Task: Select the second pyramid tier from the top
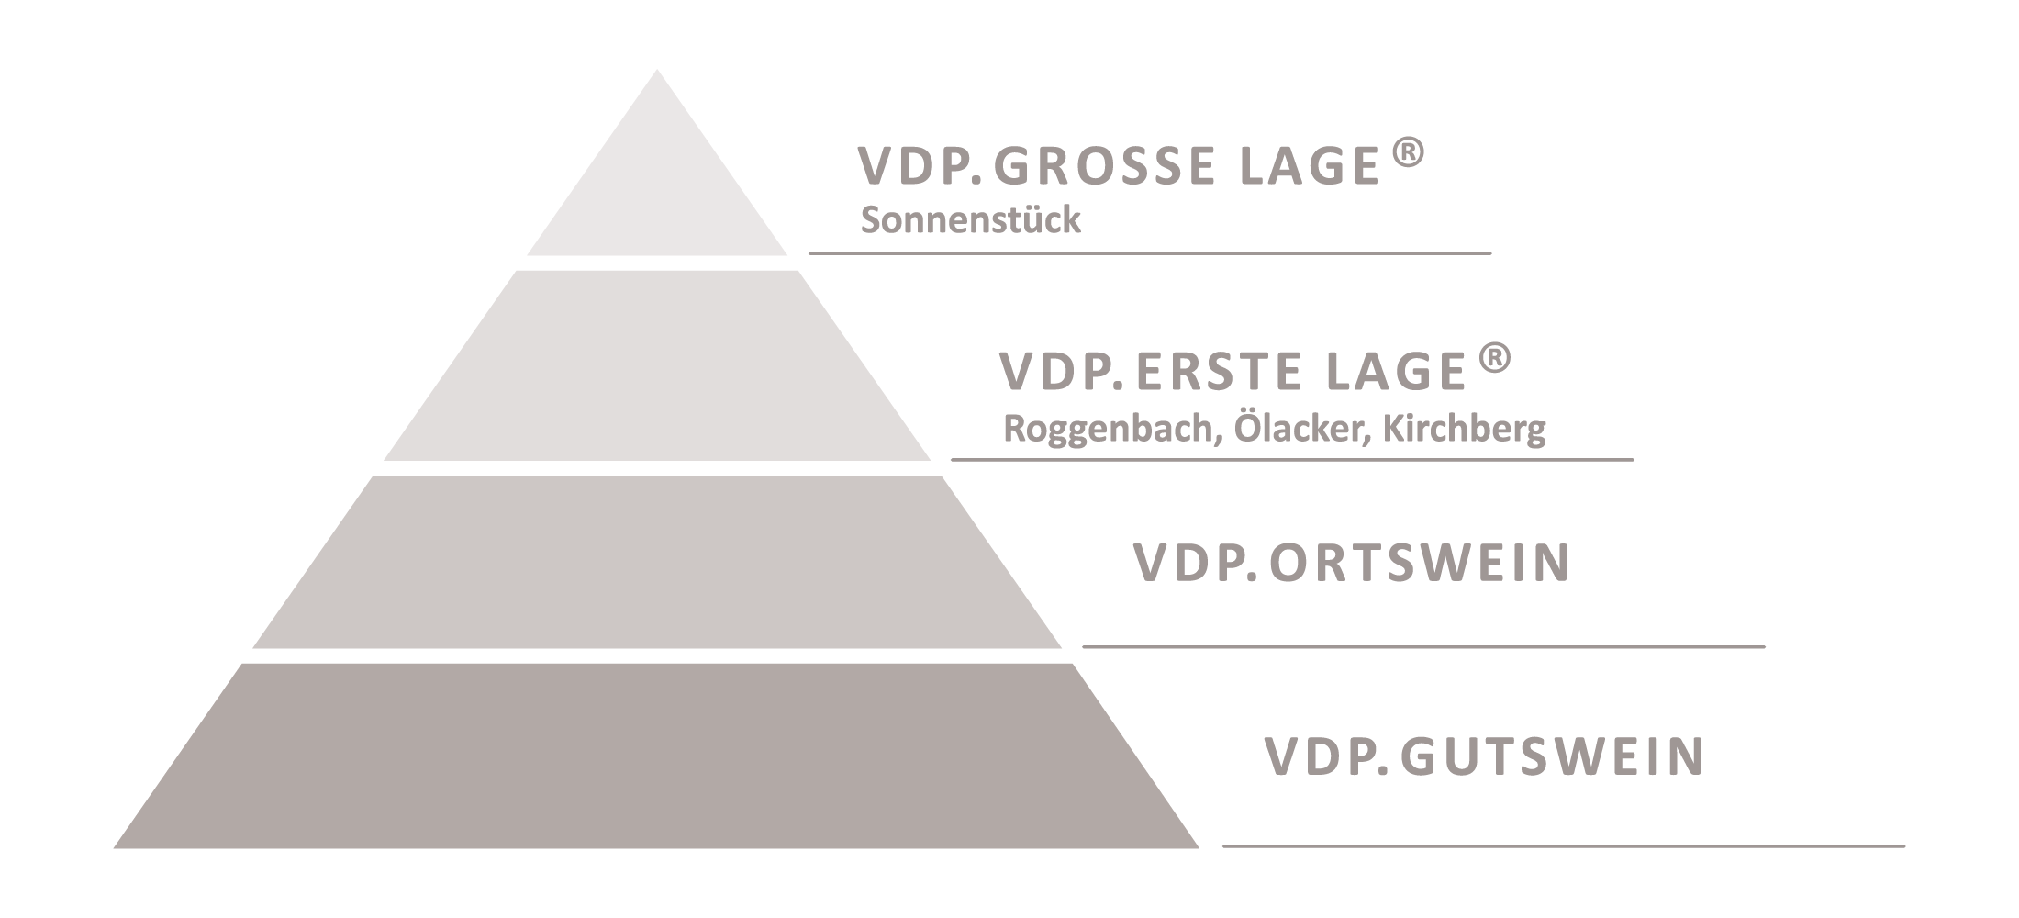point(657,365)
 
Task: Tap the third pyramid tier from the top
point(657,562)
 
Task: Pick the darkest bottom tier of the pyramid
point(657,756)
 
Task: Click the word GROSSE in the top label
point(1105,166)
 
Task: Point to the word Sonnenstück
point(970,220)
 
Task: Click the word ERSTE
point(1209,371)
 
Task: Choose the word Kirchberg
point(1465,429)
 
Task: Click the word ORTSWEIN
point(1421,563)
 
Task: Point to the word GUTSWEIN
point(1553,756)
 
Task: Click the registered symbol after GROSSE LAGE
point(1409,153)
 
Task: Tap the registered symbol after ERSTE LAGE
point(1495,358)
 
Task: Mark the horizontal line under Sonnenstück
point(1150,252)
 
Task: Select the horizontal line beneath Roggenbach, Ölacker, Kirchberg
point(1292,459)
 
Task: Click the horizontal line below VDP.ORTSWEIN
point(1423,646)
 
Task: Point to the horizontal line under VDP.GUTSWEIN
point(1564,845)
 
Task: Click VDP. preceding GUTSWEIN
point(1327,756)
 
